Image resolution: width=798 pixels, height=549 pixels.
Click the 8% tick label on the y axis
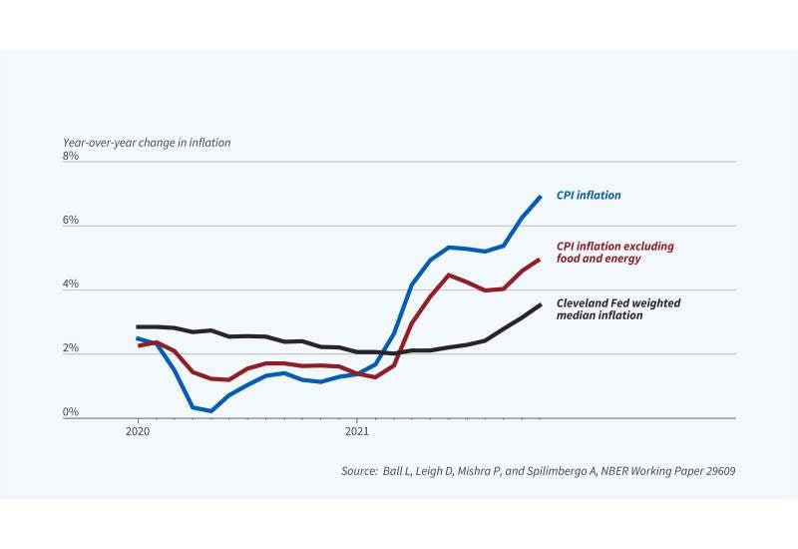[70, 157]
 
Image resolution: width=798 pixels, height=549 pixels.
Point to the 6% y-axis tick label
[70, 221]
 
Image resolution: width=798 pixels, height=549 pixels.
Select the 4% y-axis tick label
[70, 284]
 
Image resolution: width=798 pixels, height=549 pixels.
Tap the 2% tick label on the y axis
[70, 348]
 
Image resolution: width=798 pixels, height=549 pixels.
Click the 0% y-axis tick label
[70, 412]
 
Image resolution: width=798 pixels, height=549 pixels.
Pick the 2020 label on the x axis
[138, 432]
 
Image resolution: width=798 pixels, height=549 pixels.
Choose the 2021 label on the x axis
[358, 432]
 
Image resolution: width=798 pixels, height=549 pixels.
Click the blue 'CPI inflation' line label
[589, 196]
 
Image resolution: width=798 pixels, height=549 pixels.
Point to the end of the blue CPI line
[541, 197]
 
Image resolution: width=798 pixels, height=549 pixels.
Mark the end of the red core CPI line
[541, 260]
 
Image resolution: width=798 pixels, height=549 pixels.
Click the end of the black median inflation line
[541, 304]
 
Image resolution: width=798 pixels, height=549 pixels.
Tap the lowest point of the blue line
[211, 410]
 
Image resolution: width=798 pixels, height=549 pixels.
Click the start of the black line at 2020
[138, 327]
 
